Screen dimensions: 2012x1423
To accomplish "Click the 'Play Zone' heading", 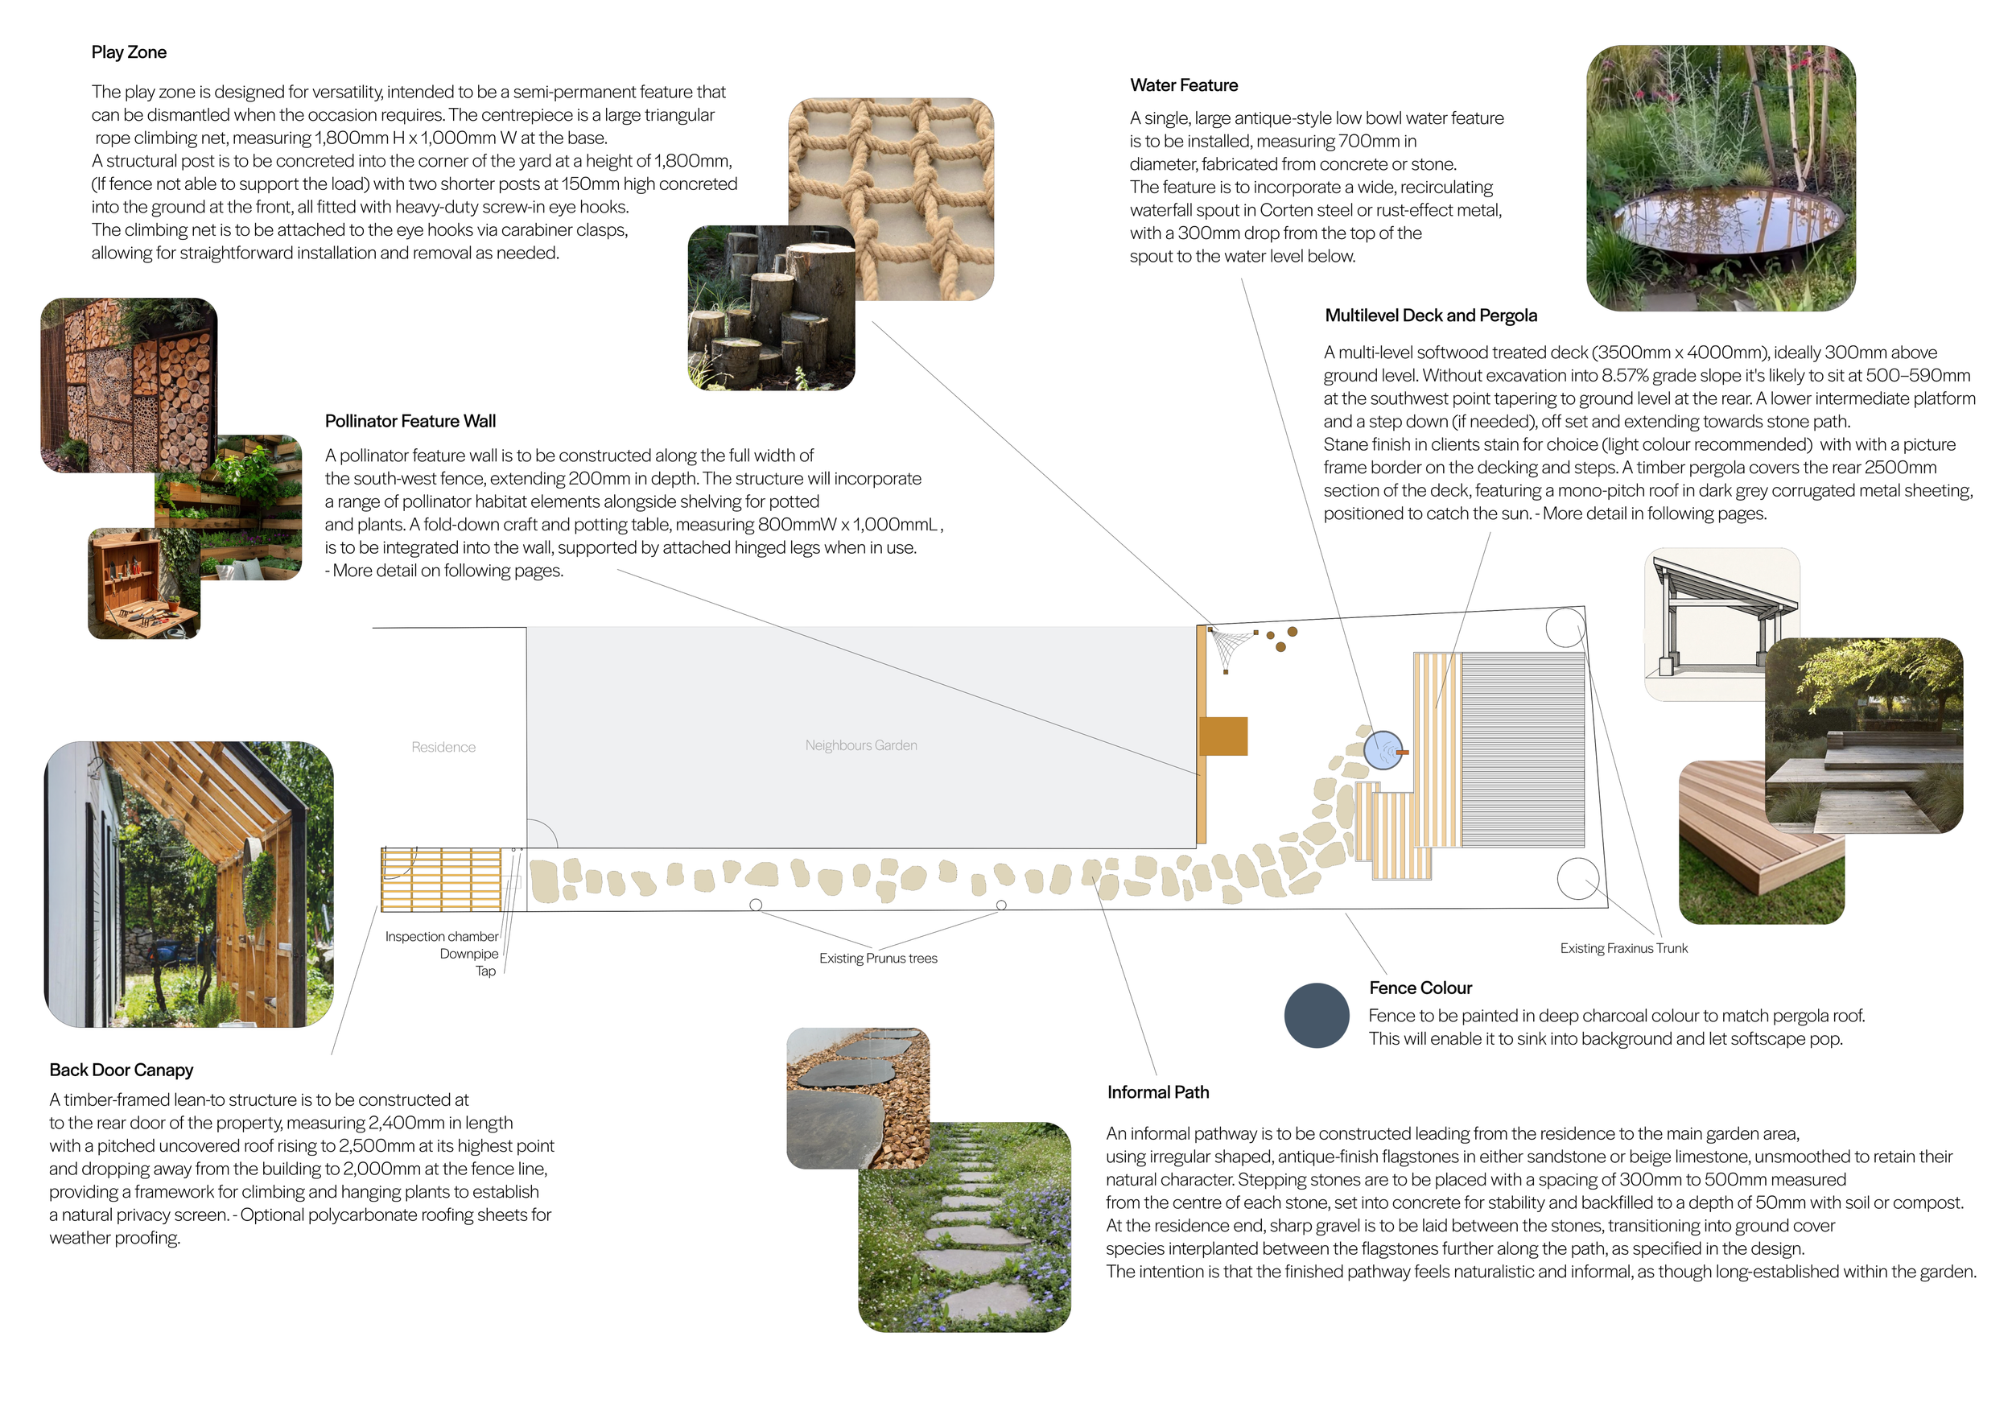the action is click(x=129, y=52).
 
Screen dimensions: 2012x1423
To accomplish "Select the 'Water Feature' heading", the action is click(x=1184, y=85).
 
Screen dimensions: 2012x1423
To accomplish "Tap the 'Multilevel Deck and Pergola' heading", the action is click(x=1431, y=316).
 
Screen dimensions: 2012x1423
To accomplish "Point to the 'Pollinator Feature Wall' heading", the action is click(x=410, y=421).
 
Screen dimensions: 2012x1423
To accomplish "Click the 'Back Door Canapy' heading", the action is click(x=121, y=1070).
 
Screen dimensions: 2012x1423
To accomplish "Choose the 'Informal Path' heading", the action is click(x=1157, y=1091).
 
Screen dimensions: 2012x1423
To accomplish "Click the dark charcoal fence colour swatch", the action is click(x=1316, y=1016).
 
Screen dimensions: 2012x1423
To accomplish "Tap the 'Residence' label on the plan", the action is click(x=443, y=747).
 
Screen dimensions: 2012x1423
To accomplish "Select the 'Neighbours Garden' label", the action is click(x=861, y=744).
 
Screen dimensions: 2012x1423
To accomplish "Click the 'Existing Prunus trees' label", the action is click(x=878, y=958).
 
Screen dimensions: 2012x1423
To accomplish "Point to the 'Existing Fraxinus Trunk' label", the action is click(x=1624, y=948).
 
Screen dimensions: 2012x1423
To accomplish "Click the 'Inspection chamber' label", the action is click(x=442, y=937).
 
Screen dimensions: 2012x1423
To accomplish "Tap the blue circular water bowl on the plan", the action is click(x=1383, y=750).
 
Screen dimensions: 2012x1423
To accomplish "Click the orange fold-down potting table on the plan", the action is click(x=1223, y=736).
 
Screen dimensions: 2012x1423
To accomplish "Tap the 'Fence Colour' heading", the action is click(x=1420, y=988).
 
